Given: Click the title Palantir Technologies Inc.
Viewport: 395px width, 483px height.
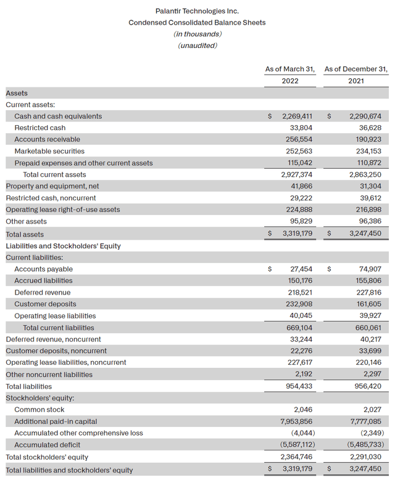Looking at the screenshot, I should click(x=197, y=11).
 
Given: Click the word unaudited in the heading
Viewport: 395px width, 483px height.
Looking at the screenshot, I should click(x=197, y=46).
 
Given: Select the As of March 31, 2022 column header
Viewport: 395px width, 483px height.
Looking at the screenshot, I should click(x=290, y=75).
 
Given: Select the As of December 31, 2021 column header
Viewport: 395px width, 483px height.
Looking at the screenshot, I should click(x=355, y=75).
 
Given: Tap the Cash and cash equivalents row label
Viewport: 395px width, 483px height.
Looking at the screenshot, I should click(x=58, y=116).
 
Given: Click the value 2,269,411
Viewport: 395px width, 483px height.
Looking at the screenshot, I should click(x=298, y=116).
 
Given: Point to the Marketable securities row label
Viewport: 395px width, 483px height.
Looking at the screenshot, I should click(x=49, y=151).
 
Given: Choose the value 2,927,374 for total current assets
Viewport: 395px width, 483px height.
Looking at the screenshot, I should click(x=298, y=174).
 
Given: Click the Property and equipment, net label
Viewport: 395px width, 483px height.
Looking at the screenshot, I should click(x=52, y=186).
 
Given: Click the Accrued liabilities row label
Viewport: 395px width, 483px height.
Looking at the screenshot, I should click(x=43, y=281).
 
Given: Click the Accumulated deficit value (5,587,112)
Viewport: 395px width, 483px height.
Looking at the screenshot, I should click(x=296, y=445).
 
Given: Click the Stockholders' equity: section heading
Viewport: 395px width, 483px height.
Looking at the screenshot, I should click(x=38, y=398).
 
